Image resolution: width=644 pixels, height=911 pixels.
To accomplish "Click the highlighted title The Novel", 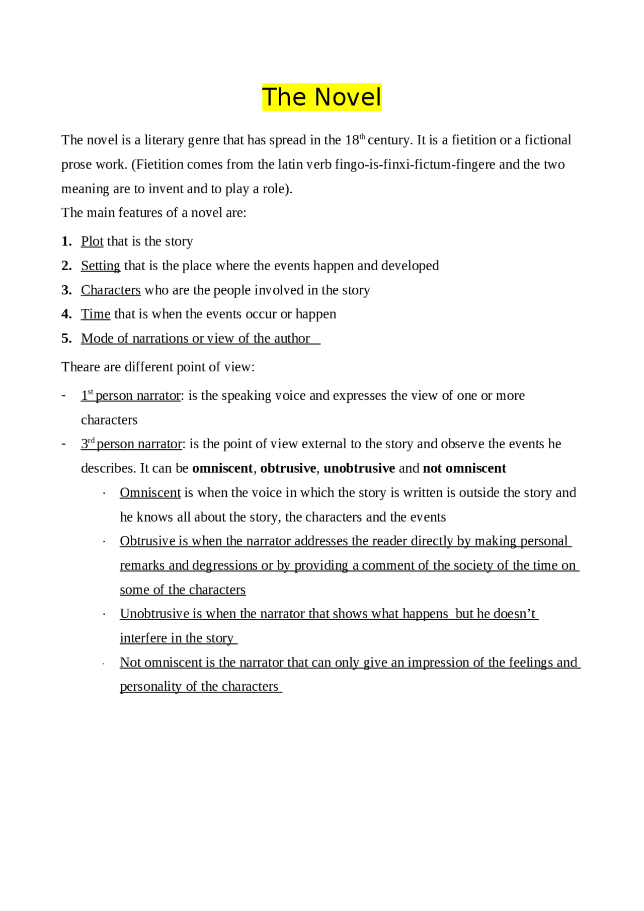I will point(322,97).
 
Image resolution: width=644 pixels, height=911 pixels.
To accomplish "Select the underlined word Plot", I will point(92,241).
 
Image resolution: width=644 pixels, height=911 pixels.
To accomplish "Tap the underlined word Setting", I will point(101,266).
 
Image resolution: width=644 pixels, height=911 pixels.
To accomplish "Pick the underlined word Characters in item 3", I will point(111,290).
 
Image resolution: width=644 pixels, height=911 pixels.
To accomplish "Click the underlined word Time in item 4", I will point(96,314).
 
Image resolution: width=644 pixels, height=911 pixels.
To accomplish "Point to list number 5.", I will point(66,339).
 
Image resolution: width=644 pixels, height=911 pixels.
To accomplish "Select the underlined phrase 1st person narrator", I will point(131,396).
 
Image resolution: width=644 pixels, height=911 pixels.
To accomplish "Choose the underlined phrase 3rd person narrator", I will point(132,444).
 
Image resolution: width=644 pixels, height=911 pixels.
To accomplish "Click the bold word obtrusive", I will point(288,468).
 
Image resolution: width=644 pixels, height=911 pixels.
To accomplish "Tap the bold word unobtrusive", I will point(359,468).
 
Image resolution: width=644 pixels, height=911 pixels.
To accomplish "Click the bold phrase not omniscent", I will point(464,468).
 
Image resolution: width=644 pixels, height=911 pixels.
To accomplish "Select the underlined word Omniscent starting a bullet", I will point(150,493).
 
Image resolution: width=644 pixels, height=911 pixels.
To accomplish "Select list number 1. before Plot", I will point(66,241).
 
